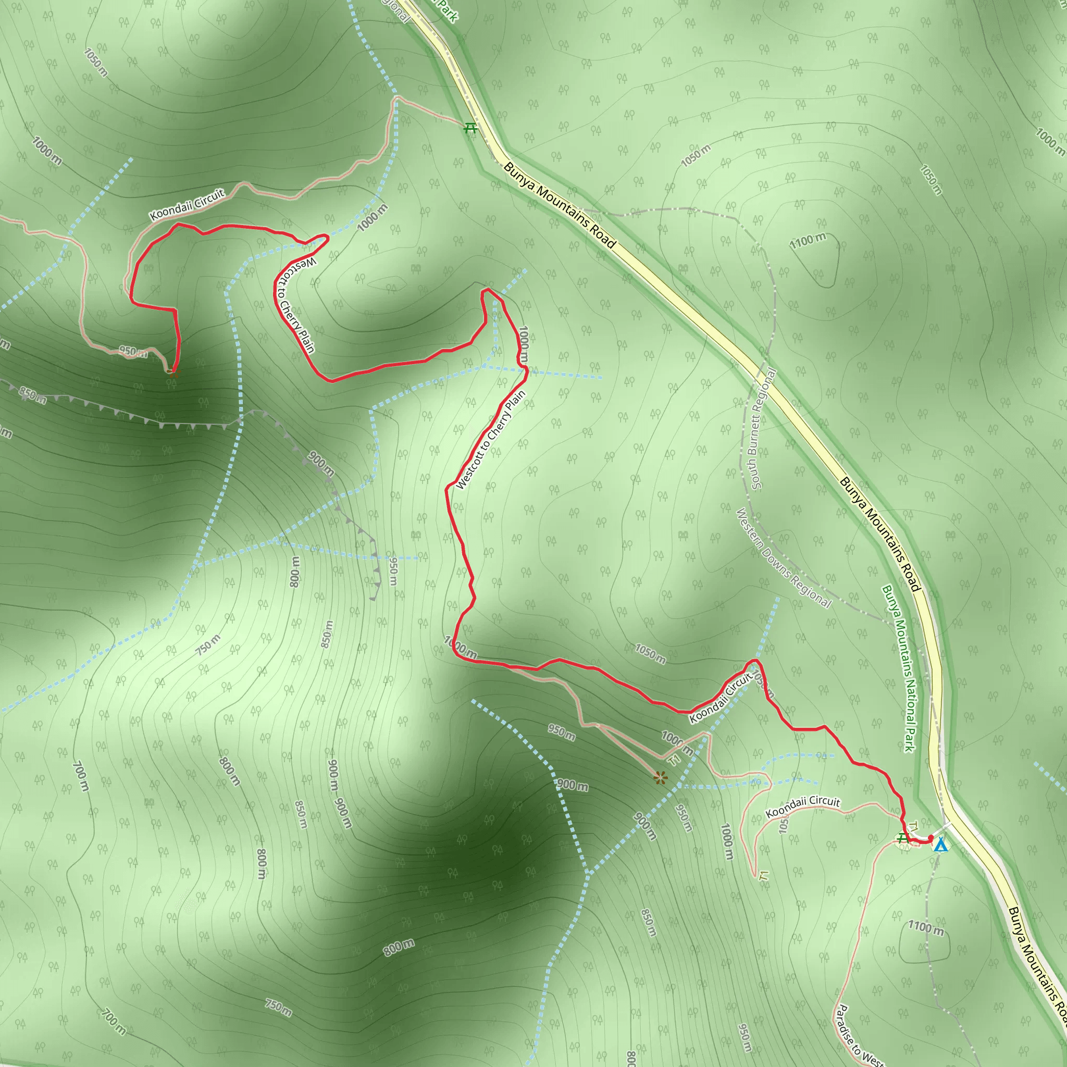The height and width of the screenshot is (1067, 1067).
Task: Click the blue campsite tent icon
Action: click(940, 846)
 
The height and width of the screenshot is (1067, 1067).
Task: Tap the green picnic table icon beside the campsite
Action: click(902, 838)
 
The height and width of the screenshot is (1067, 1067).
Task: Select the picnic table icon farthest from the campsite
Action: click(470, 128)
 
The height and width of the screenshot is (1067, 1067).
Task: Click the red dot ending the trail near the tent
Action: click(930, 838)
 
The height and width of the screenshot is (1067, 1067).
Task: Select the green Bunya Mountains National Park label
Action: click(899, 668)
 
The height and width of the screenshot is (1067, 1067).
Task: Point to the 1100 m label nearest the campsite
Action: click(926, 928)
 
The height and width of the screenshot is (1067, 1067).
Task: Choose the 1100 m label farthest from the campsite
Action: click(808, 240)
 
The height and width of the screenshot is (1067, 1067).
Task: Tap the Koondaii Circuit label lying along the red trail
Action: click(721, 698)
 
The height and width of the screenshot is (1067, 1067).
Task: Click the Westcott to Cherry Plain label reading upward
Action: click(490, 440)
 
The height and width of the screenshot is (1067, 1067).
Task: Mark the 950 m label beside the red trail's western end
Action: click(132, 352)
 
